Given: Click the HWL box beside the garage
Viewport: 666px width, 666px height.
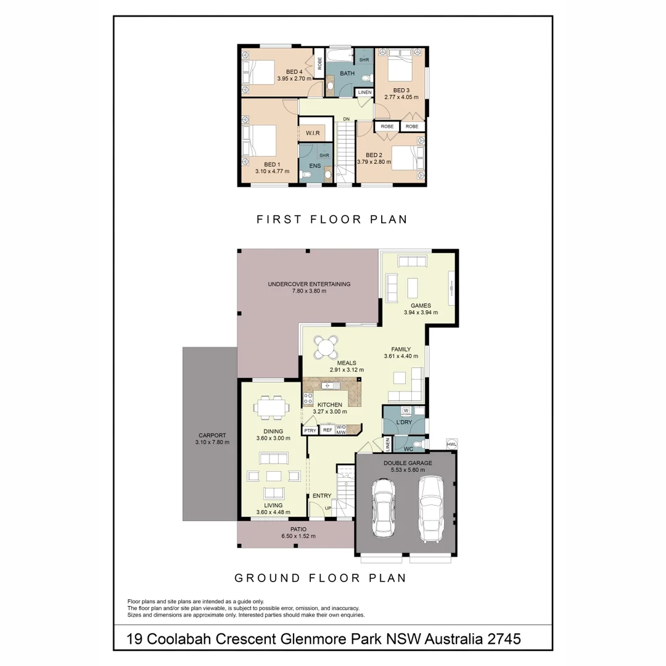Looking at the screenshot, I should (x=451, y=444).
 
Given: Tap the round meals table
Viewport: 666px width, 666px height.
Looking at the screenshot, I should (x=325, y=347).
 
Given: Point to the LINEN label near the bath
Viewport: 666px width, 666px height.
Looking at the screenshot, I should (x=364, y=92).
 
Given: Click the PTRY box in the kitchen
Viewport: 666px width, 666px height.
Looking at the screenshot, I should (x=310, y=430).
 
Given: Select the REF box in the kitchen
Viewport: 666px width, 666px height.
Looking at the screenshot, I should (x=327, y=430).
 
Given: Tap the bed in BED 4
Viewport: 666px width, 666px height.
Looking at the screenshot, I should (x=259, y=72).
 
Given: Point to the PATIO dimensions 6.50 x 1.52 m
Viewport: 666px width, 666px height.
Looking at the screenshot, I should (x=295, y=536).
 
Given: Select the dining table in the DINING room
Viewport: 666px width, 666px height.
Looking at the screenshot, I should (x=269, y=408).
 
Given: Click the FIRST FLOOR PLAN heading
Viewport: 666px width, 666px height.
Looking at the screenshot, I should (x=332, y=219).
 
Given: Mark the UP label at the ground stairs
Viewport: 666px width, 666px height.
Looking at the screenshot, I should (x=328, y=508).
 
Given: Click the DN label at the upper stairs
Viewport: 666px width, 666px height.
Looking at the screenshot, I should (x=347, y=119).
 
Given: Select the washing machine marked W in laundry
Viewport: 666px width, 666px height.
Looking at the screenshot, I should (x=406, y=411).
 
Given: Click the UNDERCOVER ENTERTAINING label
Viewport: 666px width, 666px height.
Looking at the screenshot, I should (x=309, y=284).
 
